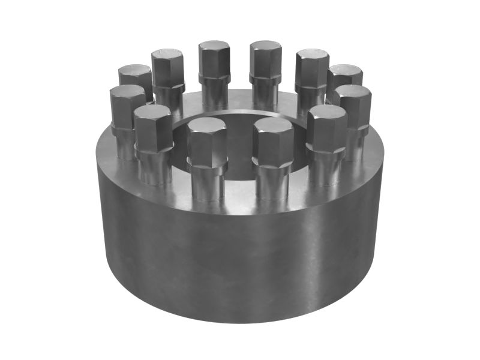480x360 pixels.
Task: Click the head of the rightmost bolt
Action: point(353,106)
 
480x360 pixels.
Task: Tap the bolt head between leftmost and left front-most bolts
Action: point(154,128)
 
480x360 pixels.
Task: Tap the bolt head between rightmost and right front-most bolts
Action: point(326,128)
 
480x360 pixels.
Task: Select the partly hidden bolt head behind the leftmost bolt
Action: point(136,76)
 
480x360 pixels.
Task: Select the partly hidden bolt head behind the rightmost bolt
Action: point(345,75)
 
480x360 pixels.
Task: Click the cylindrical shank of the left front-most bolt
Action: point(208,184)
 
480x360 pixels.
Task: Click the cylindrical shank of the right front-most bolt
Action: point(273,184)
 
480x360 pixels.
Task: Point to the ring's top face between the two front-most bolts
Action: point(240,195)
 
